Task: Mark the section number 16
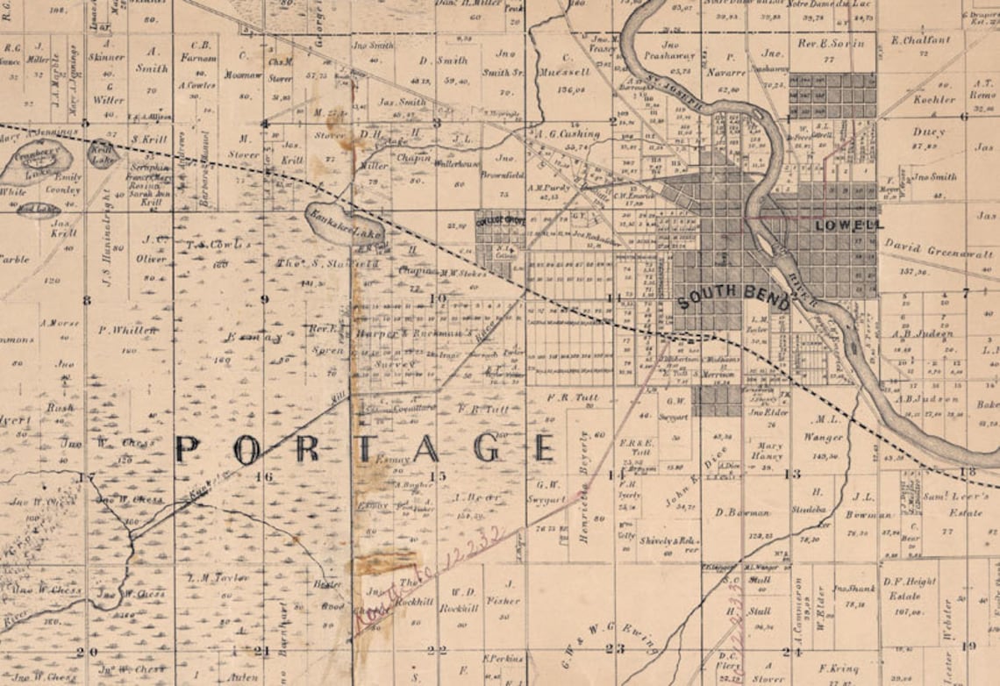pos(264,476)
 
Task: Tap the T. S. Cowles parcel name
pos(214,245)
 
